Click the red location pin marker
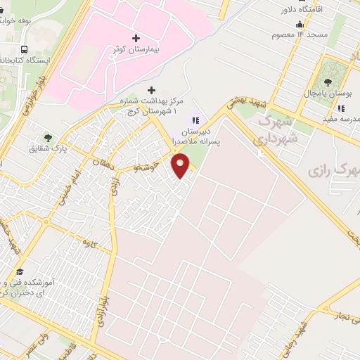pyautogui.click(x=181, y=166)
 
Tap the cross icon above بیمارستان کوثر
pyautogui.click(x=136, y=37)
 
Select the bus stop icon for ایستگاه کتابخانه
pyautogui.click(x=25, y=50)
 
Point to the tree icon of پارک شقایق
pyautogui.click(x=48, y=138)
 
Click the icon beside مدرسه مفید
pyautogui.click(x=341, y=109)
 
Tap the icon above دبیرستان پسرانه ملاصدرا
pyautogui.click(x=195, y=120)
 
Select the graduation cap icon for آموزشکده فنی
pyautogui.click(x=20, y=272)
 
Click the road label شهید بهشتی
pyautogui.click(x=242, y=105)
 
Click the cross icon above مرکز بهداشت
pyautogui.click(x=152, y=90)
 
